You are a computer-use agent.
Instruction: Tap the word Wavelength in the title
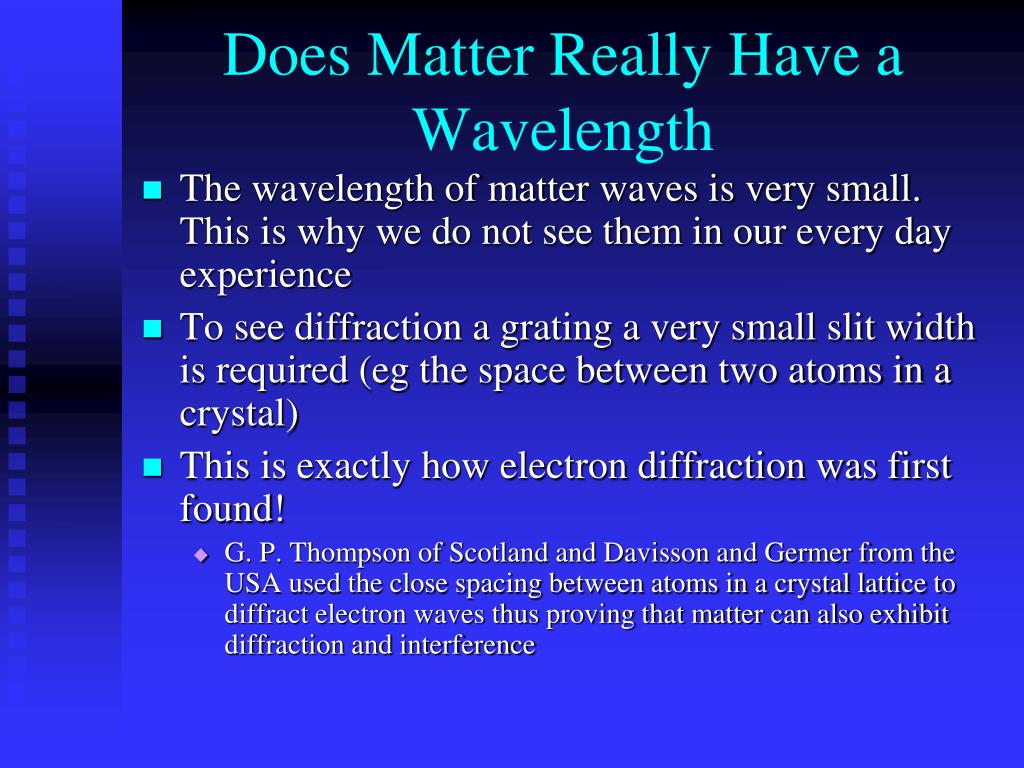563,131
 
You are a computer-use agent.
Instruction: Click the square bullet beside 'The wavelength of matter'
152,190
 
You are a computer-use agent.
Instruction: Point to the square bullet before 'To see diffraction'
152,328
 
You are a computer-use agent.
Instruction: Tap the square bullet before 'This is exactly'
152,468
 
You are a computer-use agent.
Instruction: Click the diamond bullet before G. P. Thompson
201,556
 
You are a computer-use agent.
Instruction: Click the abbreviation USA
253,584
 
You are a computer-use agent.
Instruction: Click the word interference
468,645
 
